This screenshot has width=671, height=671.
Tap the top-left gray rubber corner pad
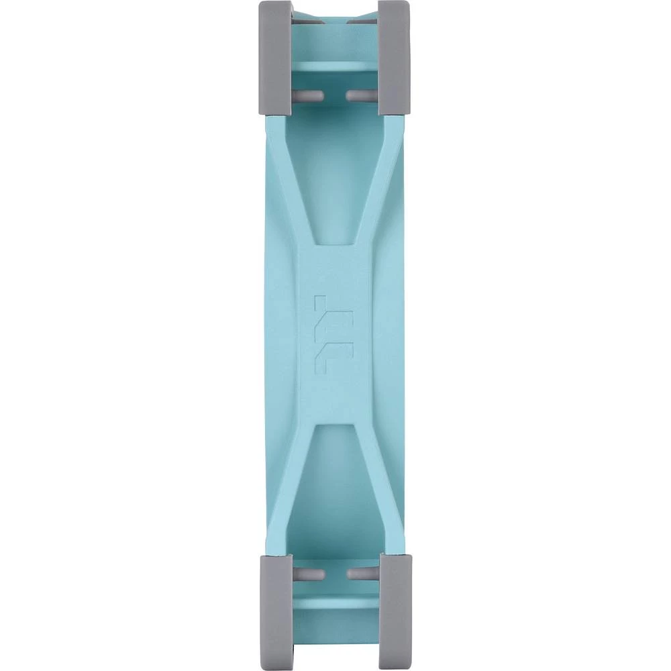point(275,57)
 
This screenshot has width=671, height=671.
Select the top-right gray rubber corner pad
point(394,57)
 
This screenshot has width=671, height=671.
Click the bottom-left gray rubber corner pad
point(275,611)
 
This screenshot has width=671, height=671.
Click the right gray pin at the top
point(362,96)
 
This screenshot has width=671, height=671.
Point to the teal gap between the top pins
point(335,96)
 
